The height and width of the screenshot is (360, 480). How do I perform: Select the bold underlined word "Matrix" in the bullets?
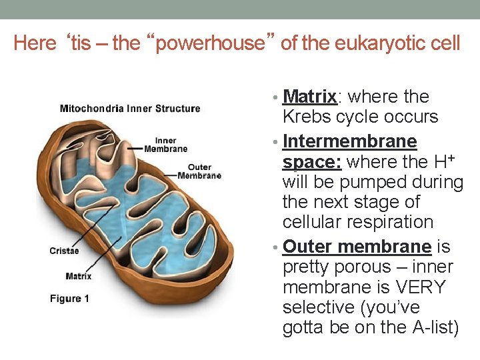click(x=310, y=97)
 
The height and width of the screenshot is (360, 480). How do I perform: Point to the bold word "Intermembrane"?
click(x=350, y=141)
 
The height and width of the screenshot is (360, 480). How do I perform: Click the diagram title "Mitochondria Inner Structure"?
click(x=130, y=109)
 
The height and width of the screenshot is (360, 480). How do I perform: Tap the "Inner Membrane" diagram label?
click(x=166, y=145)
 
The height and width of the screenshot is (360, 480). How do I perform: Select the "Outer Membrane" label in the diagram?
click(x=199, y=171)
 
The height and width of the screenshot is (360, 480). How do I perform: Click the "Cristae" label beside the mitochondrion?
click(x=64, y=251)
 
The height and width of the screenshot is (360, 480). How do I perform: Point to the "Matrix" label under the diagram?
click(x=79, y=276)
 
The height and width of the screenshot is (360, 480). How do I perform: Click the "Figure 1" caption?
click(x=69, y=299)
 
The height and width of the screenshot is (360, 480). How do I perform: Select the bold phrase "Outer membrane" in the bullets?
click(x=357, y=247)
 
